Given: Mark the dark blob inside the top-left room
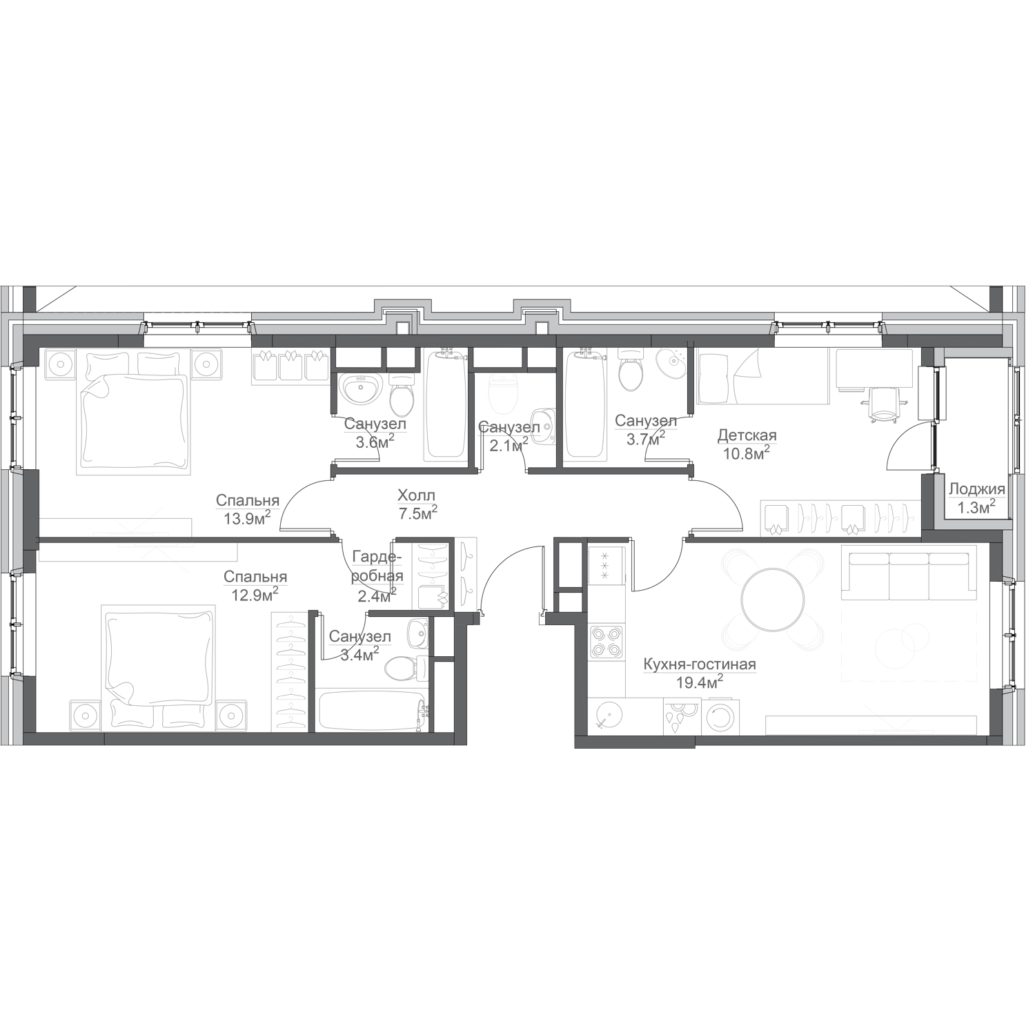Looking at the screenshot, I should tap(238, 483).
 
